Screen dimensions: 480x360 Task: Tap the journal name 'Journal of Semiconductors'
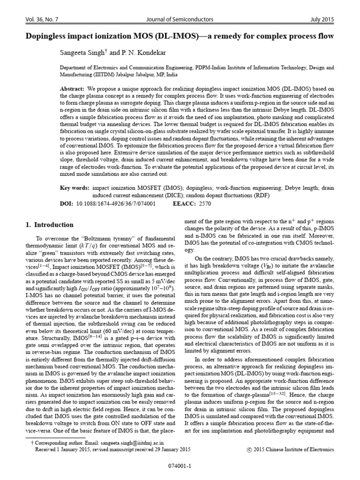click(180, 20)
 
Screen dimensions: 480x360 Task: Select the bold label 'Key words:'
click(75, 188)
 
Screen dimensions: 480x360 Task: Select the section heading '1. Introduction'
click(49, 225)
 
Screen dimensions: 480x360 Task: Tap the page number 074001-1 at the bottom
click(180, 467)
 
